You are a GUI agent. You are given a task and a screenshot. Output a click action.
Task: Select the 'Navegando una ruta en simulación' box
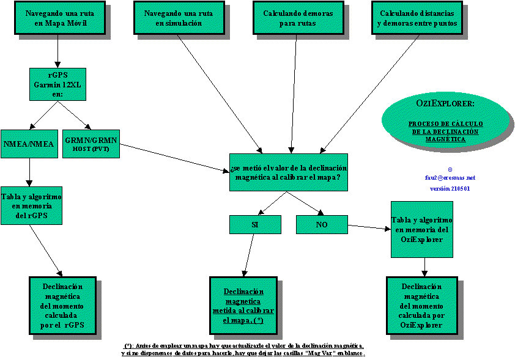click(178, 18)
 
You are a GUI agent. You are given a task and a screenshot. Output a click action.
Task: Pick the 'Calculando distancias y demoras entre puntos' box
click(417, 18)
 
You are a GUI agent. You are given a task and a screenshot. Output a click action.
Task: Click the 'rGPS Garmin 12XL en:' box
click(58, 84)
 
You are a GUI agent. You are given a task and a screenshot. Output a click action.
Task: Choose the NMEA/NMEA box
click(29, 144)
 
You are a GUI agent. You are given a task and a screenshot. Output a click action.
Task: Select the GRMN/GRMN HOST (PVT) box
click(90, 144)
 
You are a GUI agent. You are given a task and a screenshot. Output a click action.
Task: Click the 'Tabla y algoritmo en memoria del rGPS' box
click(31, 205)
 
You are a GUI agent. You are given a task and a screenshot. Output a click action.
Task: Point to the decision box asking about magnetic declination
click(289, 172)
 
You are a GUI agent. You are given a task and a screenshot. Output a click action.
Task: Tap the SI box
click(254, 225)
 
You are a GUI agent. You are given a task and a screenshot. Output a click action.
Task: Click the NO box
click(322, 225)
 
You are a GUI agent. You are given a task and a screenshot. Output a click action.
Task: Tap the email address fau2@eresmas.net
click(450, 178)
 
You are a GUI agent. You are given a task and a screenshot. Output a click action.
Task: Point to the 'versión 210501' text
click(450, 189)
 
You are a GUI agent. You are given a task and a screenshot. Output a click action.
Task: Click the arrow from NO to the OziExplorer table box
click(369, 228)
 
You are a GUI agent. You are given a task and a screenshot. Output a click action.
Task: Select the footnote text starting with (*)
click(243, 350)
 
